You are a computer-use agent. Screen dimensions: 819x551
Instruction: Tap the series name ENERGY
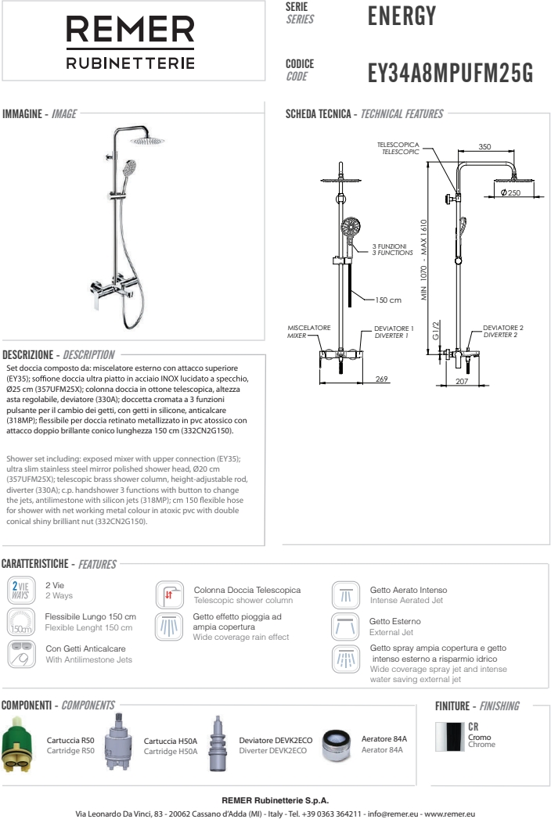point(401,15)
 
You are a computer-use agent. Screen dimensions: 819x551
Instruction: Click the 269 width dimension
point(382,379)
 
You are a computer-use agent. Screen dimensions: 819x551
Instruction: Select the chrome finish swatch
point(453,738)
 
